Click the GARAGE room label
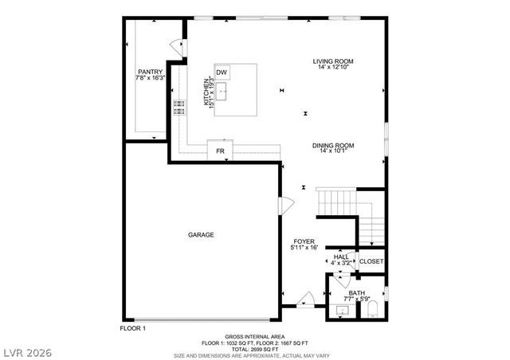201,235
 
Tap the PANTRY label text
149,72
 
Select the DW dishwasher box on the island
222,72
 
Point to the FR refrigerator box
220,151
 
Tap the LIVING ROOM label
332,61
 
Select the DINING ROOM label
332,145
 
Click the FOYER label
304,241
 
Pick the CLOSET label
371,261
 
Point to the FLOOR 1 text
133,328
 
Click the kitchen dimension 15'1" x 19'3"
212,92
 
